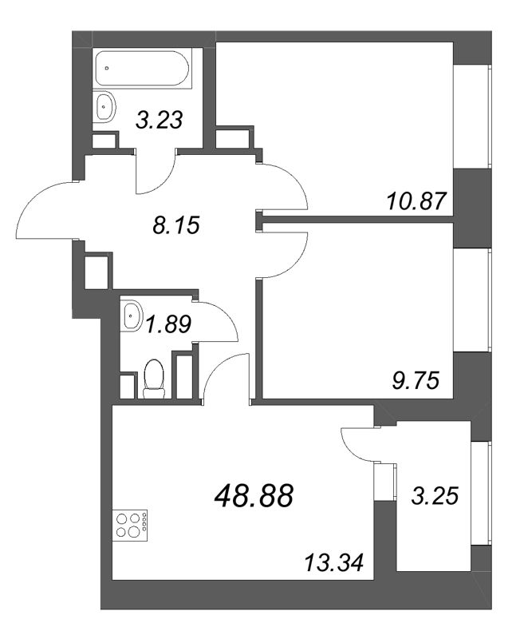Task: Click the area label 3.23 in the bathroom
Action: [160, 121]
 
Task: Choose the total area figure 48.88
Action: [254, 496]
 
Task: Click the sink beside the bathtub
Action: [104, 107]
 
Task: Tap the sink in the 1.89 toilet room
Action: [131, 318]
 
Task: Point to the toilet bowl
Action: [154, 378]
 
